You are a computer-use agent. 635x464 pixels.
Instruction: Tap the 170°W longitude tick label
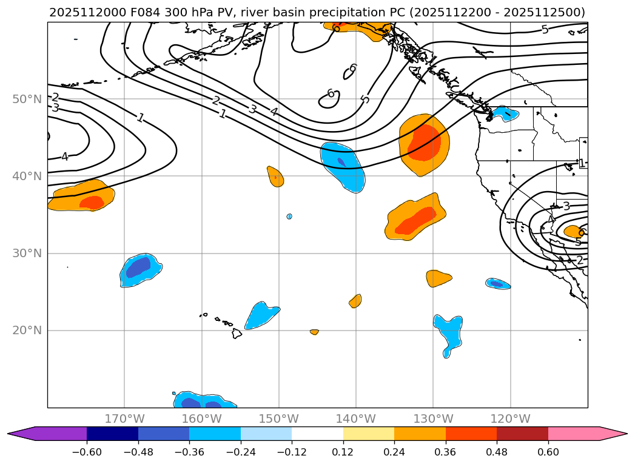pyautogui.click(x=124, y=419)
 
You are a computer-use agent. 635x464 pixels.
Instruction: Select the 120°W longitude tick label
pyautogui.click(x=510, y=419)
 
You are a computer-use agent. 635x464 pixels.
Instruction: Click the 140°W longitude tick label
pyautogui.click(x=356, y=419)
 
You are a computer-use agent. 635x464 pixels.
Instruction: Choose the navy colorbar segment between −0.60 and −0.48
pyautogui.click(x=112, y=433)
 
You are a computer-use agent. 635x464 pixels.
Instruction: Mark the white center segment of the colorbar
pyautogui.click(x=317, y=433)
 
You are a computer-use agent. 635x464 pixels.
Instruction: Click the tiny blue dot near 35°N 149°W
pyautogui.click(x=289, y=217)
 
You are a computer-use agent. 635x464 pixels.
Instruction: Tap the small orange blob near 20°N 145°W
pyautogui.click(x=314, y=332)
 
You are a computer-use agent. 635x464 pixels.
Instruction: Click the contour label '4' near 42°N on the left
pyautogui.click(x=64, y=157)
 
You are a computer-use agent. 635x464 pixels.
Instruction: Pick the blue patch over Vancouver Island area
pyautogui.click(x=505, y=113)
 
